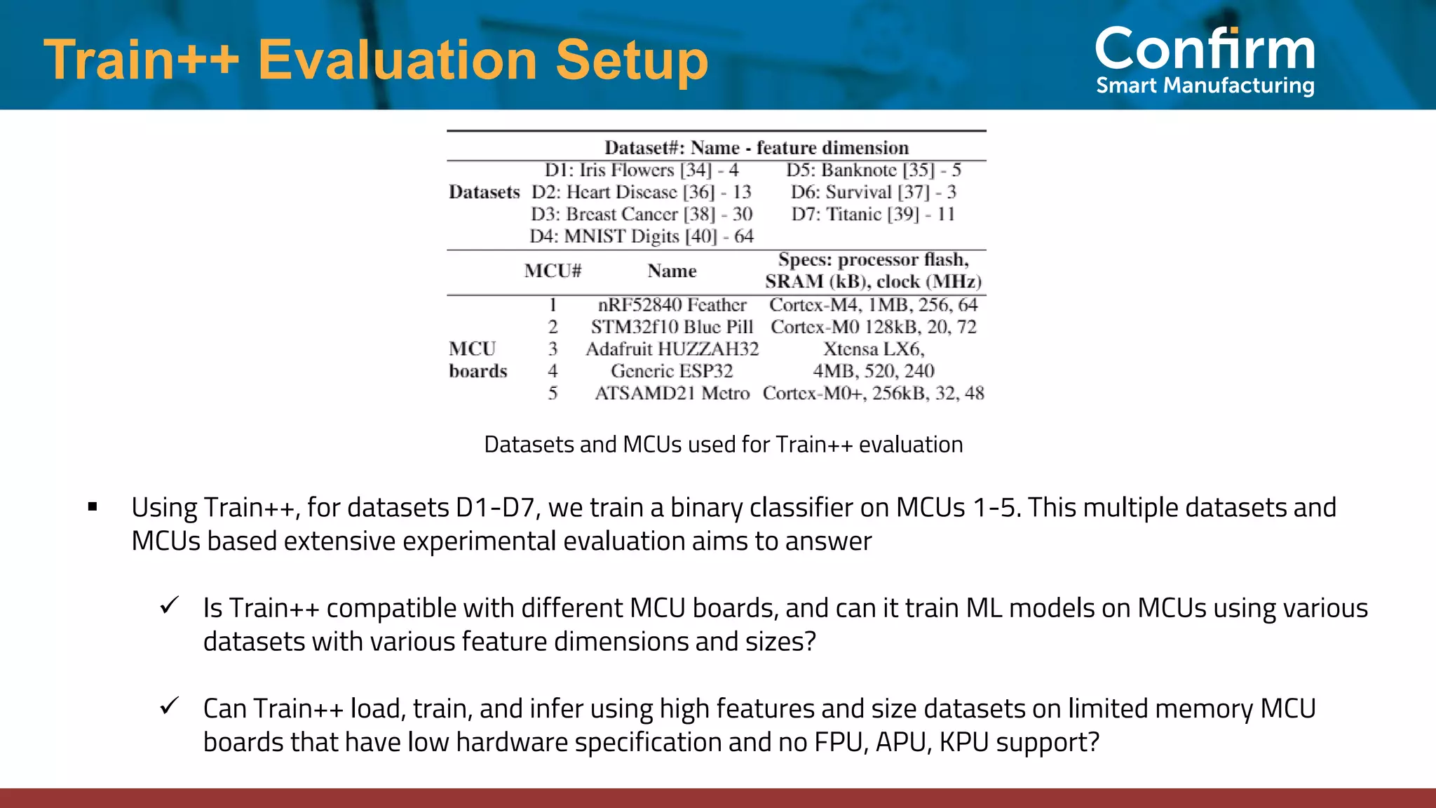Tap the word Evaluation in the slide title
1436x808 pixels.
tap(397, 60)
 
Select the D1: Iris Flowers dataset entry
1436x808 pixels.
tap(641, 170)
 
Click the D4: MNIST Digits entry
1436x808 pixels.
tap(641, 236)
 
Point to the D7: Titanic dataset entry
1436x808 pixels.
tap(873, 214)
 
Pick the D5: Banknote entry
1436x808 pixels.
tap(873, 170)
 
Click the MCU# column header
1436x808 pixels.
tap(553, 271)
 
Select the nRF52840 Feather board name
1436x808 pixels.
tap(672, 304)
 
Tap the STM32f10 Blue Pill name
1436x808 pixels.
tap(672, 327)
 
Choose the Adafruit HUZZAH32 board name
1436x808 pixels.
tap(672, 349)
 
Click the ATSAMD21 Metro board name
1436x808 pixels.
tap(672, 393)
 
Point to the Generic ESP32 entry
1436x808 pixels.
tap(672, 371)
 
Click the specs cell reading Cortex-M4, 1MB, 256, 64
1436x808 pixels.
tap(873, 304)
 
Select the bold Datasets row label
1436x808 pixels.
tap(484, 192)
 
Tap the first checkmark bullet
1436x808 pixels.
tap(169, 605)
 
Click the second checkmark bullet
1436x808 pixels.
tap(169, 706)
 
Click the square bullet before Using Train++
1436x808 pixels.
tap(93, 506)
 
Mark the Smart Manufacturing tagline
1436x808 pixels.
tap(1205, 86)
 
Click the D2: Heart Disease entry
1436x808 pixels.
tap(641, 192)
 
